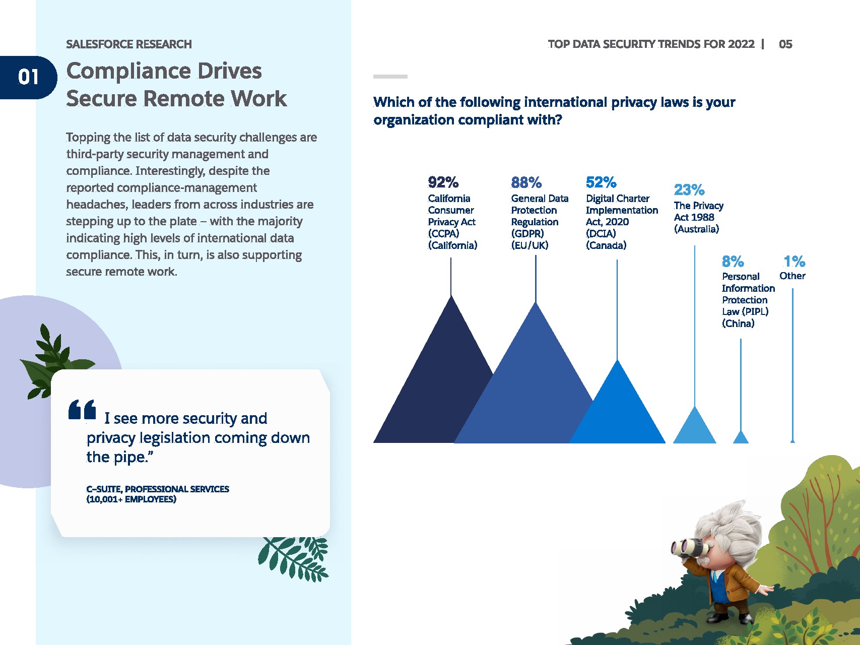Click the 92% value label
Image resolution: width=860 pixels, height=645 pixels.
pos(443,182)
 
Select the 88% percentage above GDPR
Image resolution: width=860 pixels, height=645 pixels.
pos(526,182)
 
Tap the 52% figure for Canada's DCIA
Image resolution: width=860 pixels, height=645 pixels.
pos(601,182)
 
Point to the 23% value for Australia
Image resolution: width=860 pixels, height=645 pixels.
pos(689,190)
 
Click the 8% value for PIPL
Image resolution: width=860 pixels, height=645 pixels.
pos(733,262)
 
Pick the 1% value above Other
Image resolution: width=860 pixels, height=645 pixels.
pos(794,262)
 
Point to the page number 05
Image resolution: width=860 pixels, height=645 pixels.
pos(785,44)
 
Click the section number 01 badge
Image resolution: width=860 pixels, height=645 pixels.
pos(28,77)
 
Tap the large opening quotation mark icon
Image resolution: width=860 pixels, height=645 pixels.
pos(82,409)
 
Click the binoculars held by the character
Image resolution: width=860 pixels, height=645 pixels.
pos(686,547)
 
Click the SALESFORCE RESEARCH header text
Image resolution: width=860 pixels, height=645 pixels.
pos(129,44)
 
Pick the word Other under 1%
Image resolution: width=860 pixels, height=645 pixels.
pos(792,276)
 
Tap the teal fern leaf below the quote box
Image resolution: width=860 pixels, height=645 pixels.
pos(294,558)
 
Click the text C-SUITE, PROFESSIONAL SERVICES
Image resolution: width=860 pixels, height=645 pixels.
pos(158,489)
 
